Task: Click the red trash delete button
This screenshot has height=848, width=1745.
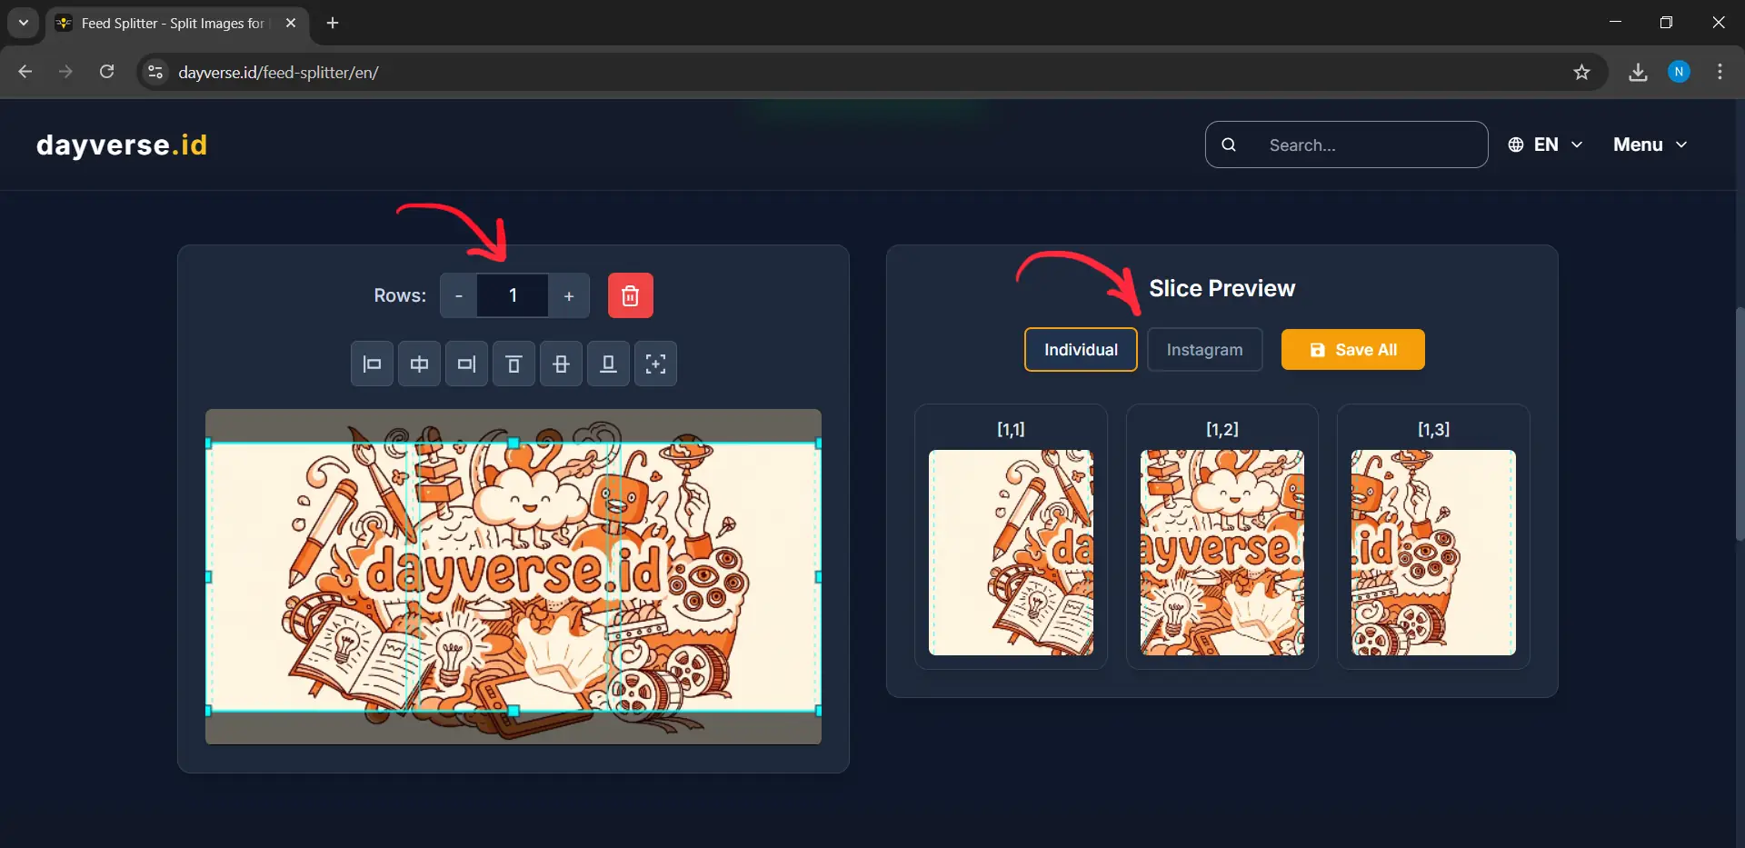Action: tap(630, 295)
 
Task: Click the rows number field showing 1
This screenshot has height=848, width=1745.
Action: tap(513, 295)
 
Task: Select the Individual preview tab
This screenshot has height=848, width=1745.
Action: tap(1080, 350)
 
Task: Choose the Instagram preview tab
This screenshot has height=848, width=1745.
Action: tap(1204, 350)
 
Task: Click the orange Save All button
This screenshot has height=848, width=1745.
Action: tap(1352, 350)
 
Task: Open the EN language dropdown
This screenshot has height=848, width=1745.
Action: tap(1545, 145)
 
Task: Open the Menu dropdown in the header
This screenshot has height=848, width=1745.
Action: tap(1650, 145)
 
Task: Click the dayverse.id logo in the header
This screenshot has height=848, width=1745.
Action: tap(122, 145)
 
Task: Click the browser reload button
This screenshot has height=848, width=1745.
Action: tap(107, 72)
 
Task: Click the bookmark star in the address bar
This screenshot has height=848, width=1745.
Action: tap(1581, 72)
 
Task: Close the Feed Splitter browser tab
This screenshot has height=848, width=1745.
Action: tap(291, 23)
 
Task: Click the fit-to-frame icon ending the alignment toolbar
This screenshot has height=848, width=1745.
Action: tap(655, 364)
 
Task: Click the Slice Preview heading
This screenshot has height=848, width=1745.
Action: tap(1221, 288)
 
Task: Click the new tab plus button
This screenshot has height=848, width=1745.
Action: tap(333, 23)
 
